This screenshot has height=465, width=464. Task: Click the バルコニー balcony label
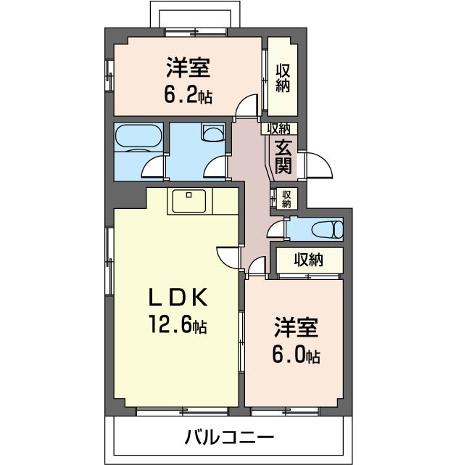click(229, 437)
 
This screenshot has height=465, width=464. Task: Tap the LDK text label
click(178, 297)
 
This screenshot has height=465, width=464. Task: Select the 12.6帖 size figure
click(178, 324)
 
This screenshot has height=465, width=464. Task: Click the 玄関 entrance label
click(283, 156)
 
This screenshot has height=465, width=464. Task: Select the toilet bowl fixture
click(328, 229)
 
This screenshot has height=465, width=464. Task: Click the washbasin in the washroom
click(213, 133)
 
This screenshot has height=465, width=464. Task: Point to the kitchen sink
click(188, 202)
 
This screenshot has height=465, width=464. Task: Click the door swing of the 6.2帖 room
click(246, 105)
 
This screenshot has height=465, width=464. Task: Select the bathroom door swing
click(152, 167)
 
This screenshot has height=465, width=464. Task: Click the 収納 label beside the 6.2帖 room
click(283, 78)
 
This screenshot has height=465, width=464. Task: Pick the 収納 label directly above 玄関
click(278, 128)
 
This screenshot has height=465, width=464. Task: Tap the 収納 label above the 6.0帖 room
click(308, 260)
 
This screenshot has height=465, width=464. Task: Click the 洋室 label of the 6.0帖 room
click(296, 327)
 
